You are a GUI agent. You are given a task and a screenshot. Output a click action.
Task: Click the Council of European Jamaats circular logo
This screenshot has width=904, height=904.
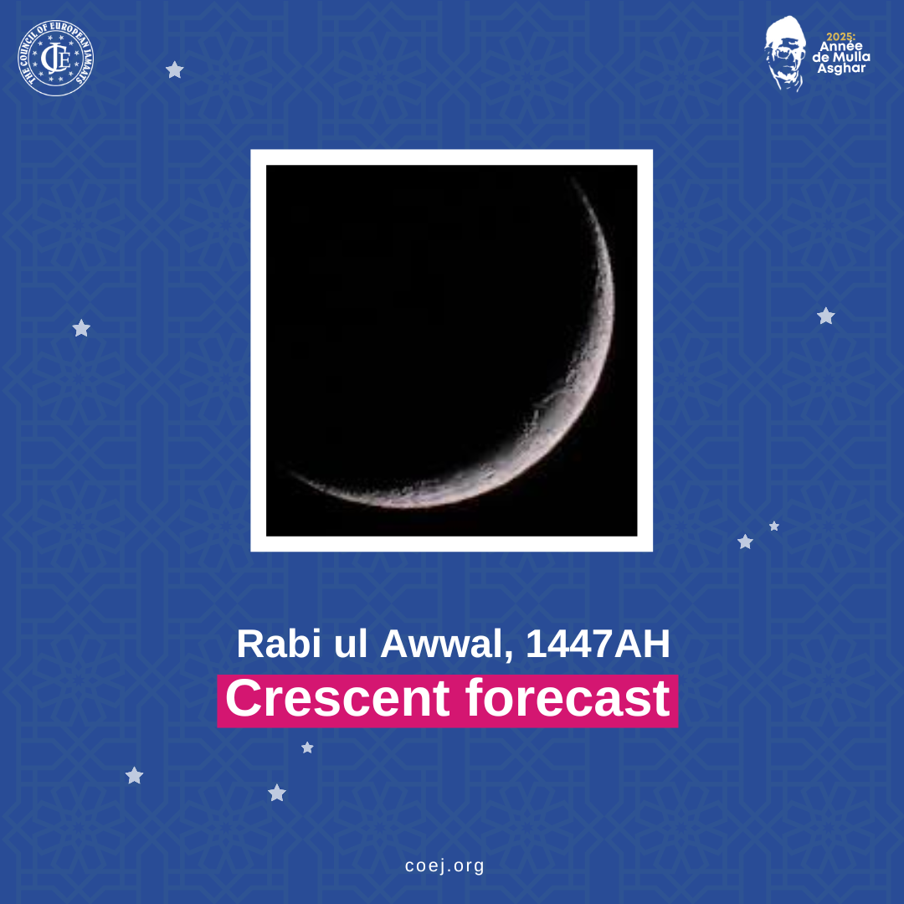[56, 58]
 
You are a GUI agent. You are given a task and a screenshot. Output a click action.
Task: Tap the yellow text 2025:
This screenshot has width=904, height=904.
[840, 37]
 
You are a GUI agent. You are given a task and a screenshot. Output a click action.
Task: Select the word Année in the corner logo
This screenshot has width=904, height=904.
[841, 46]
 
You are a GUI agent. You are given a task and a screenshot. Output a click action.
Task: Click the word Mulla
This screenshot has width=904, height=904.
[851, 57]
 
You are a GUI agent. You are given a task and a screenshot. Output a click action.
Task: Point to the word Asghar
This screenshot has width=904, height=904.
[841, 68]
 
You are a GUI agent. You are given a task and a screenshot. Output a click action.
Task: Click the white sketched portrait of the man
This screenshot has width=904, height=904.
[784, 54]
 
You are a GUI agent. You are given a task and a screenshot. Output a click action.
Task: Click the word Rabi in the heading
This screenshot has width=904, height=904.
[279, 644]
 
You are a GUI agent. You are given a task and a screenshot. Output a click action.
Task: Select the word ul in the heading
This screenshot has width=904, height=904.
[351, 644]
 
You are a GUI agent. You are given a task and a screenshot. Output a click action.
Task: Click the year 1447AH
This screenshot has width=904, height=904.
[598, 644]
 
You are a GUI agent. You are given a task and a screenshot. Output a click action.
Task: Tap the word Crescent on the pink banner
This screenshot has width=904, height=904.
[337, 698]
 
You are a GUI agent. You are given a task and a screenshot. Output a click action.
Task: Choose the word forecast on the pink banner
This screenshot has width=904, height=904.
[568, 698]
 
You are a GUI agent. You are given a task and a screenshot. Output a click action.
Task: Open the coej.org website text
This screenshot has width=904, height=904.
[444, 865]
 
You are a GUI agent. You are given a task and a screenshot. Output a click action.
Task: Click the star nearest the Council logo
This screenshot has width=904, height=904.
[175, 69]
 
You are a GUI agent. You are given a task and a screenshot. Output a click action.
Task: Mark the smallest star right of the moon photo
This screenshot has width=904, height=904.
[774, 526]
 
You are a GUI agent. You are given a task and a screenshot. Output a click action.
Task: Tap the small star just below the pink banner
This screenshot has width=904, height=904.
[307, 747]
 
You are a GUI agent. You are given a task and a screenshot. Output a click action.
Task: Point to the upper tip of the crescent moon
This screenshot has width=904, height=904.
[573, 179]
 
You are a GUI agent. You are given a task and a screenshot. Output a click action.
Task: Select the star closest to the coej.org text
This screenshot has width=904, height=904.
[277, 793]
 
